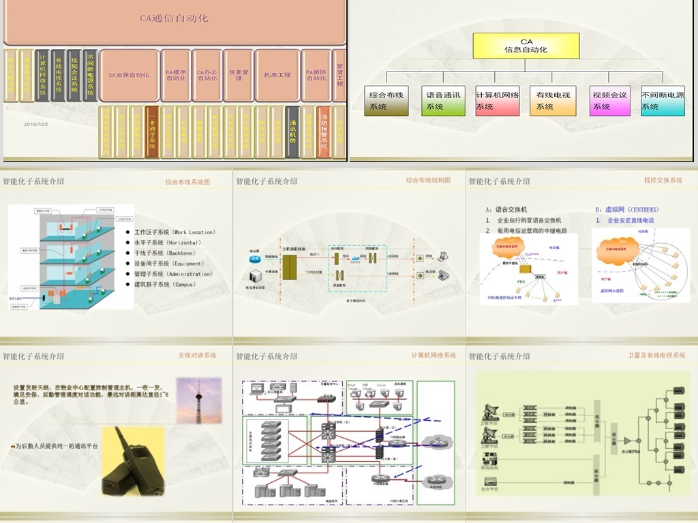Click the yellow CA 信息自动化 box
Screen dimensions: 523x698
pos(526,46)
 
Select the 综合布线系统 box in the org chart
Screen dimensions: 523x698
pos(386,101)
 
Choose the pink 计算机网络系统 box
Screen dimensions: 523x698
pos(498,101)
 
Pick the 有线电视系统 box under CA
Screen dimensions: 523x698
pos(552,101)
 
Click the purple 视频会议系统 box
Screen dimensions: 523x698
pos(609,101)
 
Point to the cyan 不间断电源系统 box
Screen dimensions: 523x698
pos(663,101)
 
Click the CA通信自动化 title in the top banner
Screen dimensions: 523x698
pos(174,18)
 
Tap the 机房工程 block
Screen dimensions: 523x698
pos(277,75)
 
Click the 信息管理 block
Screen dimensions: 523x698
pos(239,75)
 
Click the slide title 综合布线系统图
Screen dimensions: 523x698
pos(187,182)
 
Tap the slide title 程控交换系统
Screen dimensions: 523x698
pos(663,180)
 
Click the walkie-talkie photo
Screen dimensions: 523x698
pos(133,461)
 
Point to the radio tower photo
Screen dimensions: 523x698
pos(198,400)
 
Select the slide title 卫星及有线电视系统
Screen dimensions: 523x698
pos(656,355)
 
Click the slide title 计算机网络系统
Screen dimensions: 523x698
pos(434,355)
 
